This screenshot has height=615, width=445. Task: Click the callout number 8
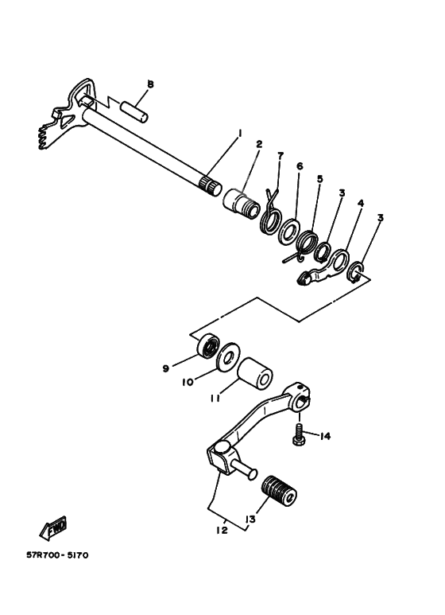(x=150, y=84)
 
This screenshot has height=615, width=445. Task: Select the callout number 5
(x=319, y=179)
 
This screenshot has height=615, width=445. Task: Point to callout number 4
(x=360, y=204)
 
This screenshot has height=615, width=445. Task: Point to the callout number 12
(x=222, y=530)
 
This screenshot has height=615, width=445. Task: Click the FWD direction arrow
(x=53, y=527)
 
